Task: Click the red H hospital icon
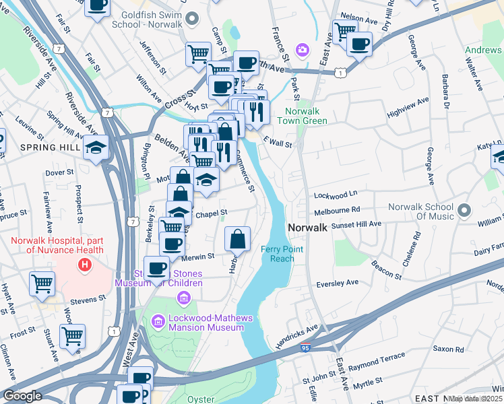[x=84, y=265]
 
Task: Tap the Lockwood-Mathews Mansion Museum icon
[x=158, y=322]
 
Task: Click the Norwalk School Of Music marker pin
[x=463, y=211]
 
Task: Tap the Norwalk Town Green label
[x=306, y=116]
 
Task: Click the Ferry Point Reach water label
[x=278, y=254]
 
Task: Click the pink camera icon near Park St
[x=303, y=49]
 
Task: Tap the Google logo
[x=22, y=396]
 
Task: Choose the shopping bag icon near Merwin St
[x=238, y=239]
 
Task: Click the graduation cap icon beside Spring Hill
[x=96, y=147]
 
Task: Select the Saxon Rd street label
[x=448, y=349]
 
